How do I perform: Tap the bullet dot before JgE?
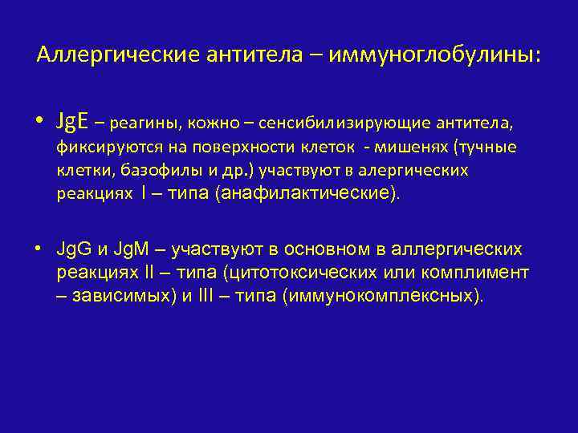[x=39, y=123]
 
